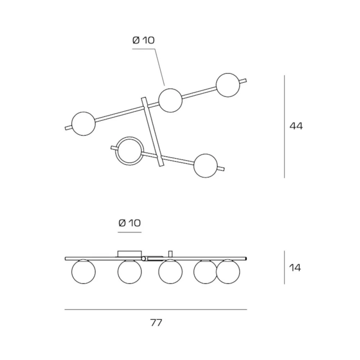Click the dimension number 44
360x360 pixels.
point(296,126)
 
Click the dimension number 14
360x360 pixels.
point(295,268)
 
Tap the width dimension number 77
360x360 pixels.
point(156,323)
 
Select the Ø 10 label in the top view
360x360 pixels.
point(144,40)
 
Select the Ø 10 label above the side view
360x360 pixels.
point(130,223)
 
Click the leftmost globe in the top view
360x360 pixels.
point(84,124)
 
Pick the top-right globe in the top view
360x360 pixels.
point(228,85)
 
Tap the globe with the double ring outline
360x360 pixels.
point(130,151)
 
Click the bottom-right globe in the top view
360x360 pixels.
point(206,166)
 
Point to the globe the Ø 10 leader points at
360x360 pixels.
point(170,100)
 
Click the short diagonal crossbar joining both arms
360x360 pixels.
point(153,132)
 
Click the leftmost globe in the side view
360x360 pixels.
point(84,271)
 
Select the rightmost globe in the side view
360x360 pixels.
point(228,271)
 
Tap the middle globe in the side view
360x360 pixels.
point(170,271)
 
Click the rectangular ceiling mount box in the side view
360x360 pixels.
point(130,254)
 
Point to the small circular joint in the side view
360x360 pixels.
point(144,259)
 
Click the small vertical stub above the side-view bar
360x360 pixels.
point(170,254)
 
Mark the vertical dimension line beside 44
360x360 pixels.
point(284,126)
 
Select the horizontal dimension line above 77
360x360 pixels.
point(156,310)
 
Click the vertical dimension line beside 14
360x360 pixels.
point(284,267)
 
